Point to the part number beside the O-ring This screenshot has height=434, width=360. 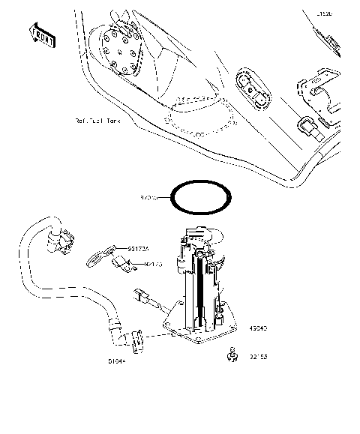coord(150,198)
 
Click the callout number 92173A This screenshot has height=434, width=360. coord(137,248)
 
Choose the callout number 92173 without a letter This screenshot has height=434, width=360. coord(154,264)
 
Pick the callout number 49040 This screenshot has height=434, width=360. coord(257,328)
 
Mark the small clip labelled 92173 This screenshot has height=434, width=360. coord(122,263)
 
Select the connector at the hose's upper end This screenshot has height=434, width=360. coord(62,239)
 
